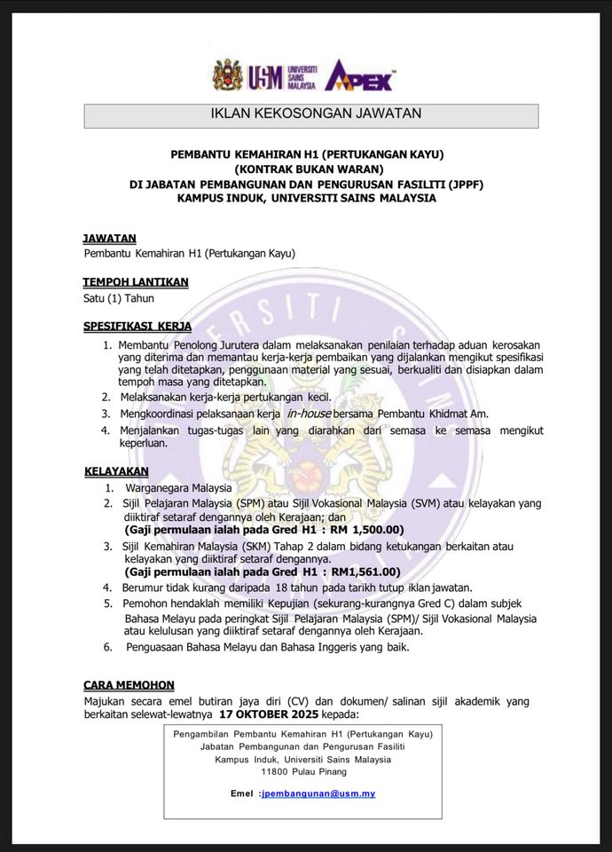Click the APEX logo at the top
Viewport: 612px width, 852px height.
[358, 75]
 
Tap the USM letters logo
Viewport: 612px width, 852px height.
[263, 76]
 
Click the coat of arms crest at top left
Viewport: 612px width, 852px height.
[227, 75]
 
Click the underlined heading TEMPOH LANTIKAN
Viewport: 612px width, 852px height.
[135, 282]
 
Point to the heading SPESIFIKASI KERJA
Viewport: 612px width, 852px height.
[137, 327]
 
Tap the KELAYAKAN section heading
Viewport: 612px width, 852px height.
[116, 470]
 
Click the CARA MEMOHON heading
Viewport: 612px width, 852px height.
[129, 685]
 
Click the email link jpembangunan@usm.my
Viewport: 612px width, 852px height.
[318, 793]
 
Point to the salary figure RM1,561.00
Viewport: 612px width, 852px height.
[362, 572]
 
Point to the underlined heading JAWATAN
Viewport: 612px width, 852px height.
[109, 238]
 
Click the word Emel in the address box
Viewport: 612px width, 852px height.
[241, 793]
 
